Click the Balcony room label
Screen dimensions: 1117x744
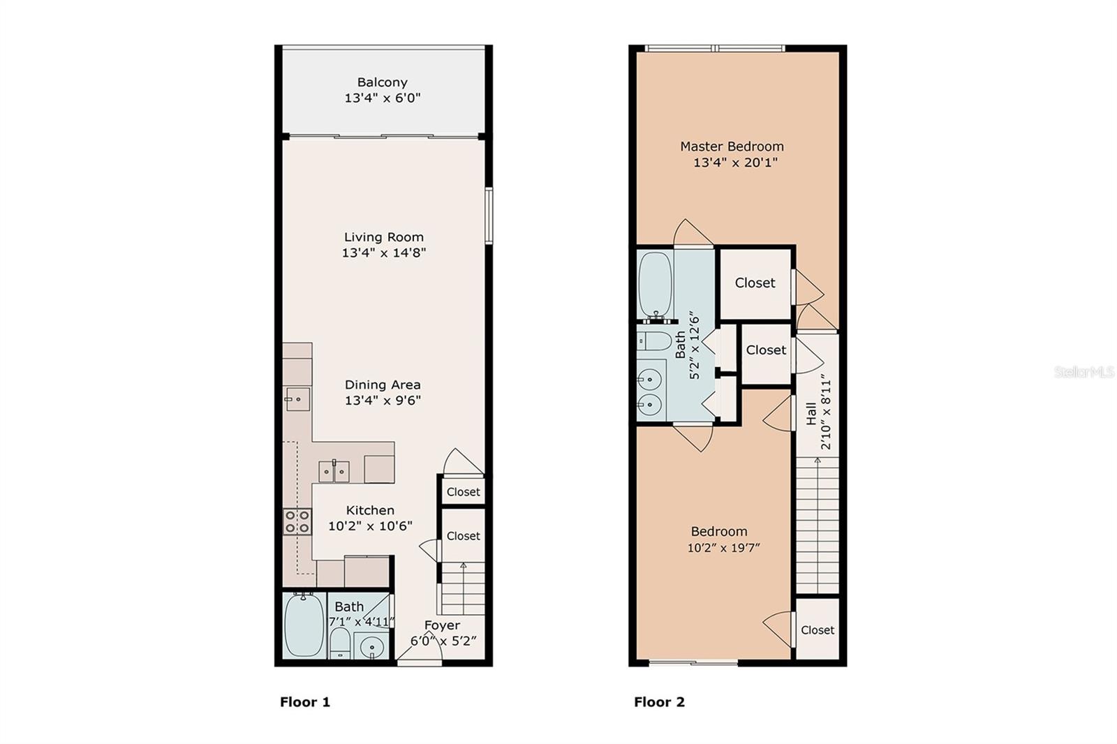coord(383,82)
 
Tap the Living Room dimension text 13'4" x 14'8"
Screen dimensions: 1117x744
coord(383,253)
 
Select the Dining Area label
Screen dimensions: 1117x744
coord(383,385)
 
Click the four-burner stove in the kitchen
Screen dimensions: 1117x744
coord(297,521)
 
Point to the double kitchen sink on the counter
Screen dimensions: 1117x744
coord(334,471)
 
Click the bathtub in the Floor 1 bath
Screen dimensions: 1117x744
coord(304,625)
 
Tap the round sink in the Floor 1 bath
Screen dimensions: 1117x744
coord(371,647)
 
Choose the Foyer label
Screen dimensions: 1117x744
coord(442,625)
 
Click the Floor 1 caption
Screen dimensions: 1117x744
coord(304,702)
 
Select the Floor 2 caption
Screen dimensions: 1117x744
coord(659,702)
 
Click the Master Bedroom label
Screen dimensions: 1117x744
coord(732,147)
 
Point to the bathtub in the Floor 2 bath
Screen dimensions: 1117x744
coord(656,284)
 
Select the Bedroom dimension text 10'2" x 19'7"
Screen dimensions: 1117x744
coord(723,548)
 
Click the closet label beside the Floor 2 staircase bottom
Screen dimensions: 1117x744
coord(818,630)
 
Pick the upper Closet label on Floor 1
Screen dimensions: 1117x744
coord(464,492)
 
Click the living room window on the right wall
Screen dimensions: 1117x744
coord(489,216)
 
